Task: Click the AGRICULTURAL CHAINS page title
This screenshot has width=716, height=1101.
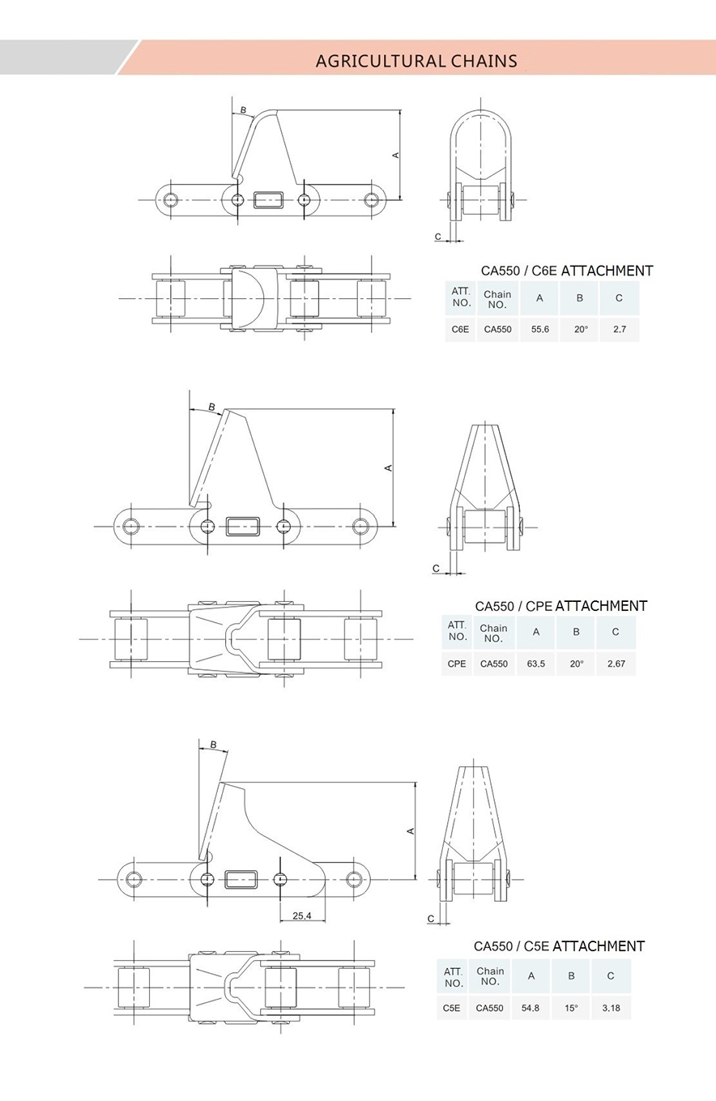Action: (416, 61)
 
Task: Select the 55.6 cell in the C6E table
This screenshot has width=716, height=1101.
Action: (539, 330)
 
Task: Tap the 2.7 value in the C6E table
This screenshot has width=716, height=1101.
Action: (619, 330)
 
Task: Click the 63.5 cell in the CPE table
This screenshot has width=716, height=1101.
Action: (535, 664)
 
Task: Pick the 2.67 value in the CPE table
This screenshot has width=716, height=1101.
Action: (616, 664)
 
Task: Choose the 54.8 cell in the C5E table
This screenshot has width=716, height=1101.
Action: (531, 1008)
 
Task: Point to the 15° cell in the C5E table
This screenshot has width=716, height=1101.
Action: (571, 1008)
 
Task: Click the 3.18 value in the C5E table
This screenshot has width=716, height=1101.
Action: (611, 1008)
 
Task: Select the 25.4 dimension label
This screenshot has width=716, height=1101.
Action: (302, 915)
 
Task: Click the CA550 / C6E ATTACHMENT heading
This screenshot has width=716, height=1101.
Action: (567, 271)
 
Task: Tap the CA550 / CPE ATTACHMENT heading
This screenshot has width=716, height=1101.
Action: (561, 605)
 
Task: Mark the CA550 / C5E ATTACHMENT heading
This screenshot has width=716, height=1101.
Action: (559, 945)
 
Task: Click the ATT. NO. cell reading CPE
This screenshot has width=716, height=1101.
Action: (457, 664)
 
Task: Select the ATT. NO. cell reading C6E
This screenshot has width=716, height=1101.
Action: (460, 330)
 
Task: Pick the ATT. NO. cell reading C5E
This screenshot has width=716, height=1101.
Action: (452, 1008)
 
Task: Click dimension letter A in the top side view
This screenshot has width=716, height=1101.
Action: (396, 154)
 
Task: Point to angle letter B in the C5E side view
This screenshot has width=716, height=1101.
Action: (213, 745)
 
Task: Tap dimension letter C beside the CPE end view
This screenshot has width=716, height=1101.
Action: (436, 569)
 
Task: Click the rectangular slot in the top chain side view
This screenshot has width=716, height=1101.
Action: (269, 199)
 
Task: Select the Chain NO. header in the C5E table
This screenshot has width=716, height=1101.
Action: (490, 975)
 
